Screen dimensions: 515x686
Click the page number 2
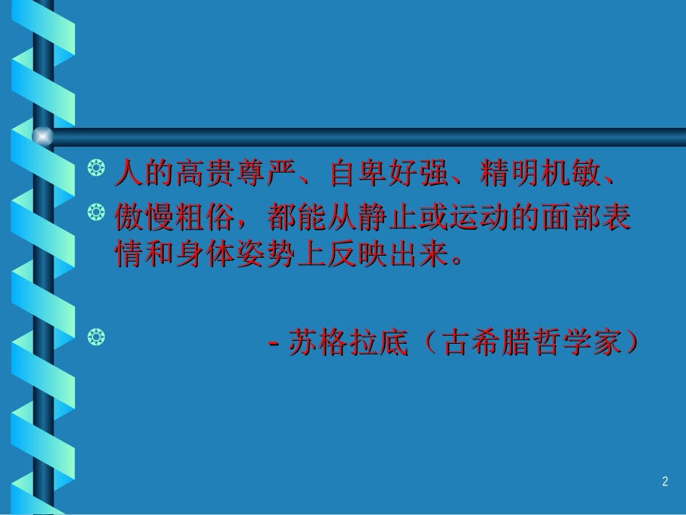point(665,482)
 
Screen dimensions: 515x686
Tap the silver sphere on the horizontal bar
point(43,135)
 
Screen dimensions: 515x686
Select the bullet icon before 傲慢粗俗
point(94,212)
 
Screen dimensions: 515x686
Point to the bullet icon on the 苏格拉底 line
point(94,335)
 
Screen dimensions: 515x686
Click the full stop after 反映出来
point(455,260)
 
